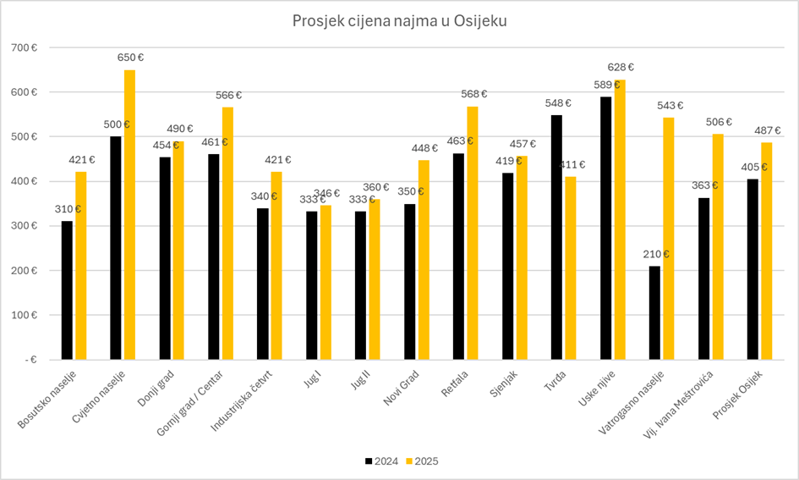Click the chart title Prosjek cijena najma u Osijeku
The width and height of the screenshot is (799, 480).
click(399, 20)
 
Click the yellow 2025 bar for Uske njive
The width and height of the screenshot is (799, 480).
click(620, 219)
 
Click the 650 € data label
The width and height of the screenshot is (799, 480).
click(129, 58)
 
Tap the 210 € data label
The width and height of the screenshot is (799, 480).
click(655, 254)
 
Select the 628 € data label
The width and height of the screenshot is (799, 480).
click(620, 68)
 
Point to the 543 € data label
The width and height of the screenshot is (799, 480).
click(669, 106)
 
